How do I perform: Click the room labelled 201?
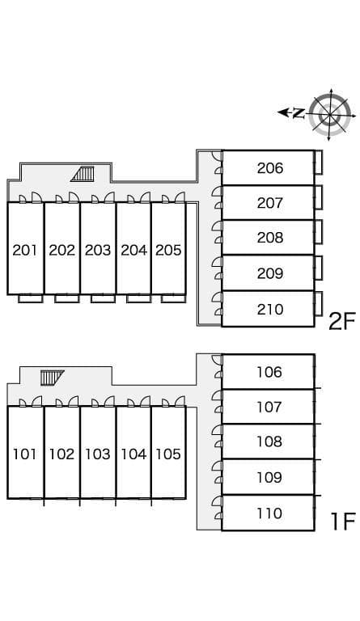point(25,250)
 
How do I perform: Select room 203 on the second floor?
point(98,250)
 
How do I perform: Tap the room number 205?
point(168,250)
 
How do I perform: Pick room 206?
point(269,168)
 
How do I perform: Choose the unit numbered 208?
point(269,238)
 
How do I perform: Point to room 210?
point(269,309)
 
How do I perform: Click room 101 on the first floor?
point(25,454)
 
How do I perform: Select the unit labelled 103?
point(98,454)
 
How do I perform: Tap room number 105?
point(168,454)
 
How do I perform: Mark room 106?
point(269,372)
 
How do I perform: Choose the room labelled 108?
point(269,441)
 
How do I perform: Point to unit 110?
point(269,513)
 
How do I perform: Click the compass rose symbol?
point(330,112)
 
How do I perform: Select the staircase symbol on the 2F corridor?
point(83,173)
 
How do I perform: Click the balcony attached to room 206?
point(319,162)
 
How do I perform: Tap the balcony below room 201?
point(30,298)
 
